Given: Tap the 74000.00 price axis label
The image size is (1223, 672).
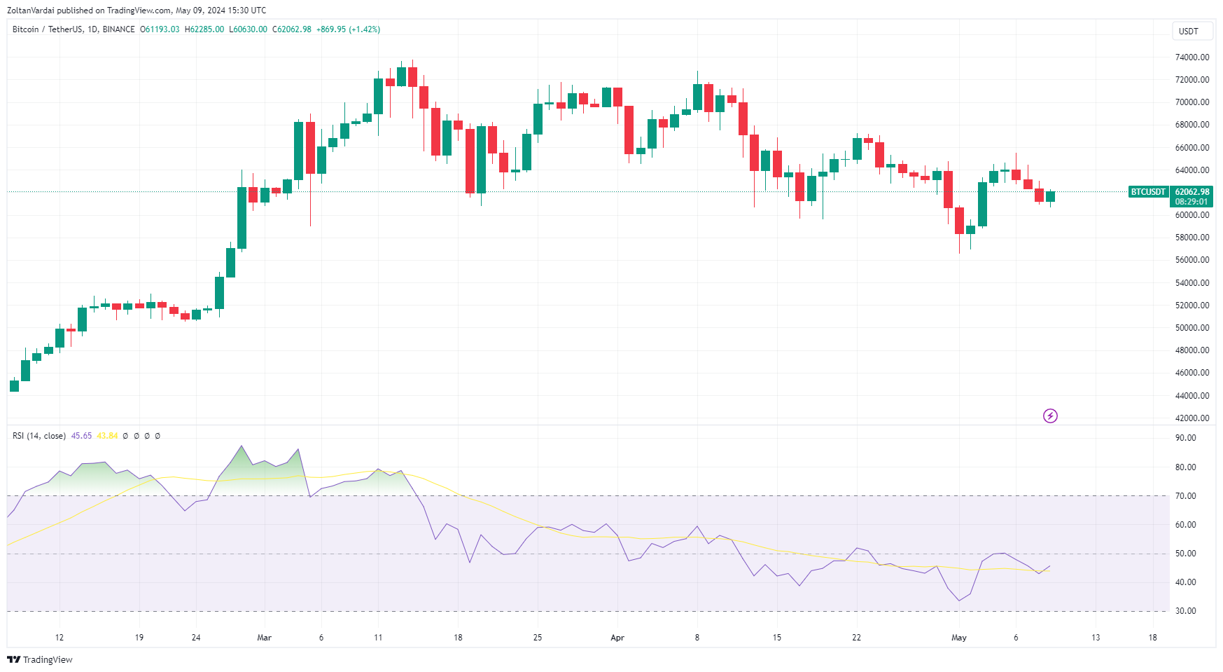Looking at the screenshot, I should pos(1191,57).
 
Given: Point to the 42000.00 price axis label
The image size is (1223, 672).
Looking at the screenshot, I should pos(1191,418).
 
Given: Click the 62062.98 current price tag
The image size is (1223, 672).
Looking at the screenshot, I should pos(1191,192).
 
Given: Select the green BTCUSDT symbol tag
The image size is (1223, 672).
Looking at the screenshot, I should pos(1148,192).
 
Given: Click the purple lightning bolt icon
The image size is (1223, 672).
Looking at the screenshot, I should pos(1050,416).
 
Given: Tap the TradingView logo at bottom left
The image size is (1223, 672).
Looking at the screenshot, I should pos(40,659).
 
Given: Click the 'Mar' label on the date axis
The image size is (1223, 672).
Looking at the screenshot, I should pos(264,638).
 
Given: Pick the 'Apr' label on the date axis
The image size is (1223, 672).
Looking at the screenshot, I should pos(617,638).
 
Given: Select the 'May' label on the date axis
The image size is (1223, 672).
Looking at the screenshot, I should pos(958,638).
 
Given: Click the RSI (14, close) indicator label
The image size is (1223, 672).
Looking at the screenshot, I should pos(39,436).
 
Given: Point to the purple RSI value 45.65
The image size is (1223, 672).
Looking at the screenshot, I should pos(81,436).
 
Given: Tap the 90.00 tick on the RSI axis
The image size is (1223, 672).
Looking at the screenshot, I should pos(1185,438).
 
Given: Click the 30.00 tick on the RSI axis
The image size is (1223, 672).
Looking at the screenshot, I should pos(1185,611).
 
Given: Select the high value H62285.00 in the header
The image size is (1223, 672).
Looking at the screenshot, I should pos(204,29).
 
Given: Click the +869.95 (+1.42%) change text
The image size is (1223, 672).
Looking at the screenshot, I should pos(348,29).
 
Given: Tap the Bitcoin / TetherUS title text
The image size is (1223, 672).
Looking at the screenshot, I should pos(46,29).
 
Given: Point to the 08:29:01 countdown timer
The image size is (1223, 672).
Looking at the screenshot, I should pos(1191,202).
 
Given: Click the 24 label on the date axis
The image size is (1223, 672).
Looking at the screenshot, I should pos(196,638).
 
